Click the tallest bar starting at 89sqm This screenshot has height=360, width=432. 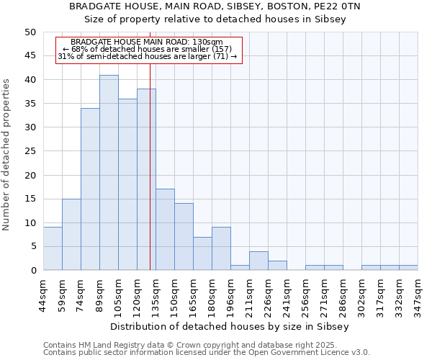coord(109,173)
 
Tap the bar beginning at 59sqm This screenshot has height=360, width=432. coord(71,234)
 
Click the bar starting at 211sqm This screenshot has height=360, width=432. coord(258,261)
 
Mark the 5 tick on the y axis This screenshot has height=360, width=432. coord(32,246)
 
